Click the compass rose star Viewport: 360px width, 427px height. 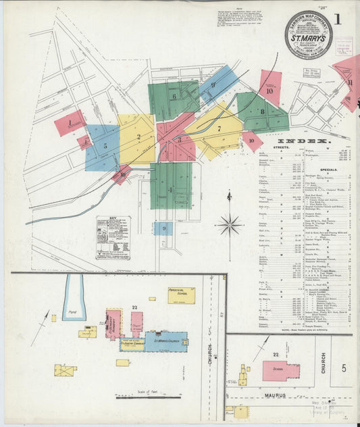[230, 224]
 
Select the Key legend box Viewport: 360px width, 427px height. [113, 237]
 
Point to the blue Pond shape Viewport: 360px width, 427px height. [74, 297]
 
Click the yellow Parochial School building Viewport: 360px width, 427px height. [181, 295]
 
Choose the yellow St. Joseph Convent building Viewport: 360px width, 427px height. [132, 344]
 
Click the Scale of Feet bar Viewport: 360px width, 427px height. [138, 397]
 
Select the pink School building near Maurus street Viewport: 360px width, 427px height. [280, 371]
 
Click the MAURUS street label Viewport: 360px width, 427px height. [276, 395]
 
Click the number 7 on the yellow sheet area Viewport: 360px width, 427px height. [218, 128]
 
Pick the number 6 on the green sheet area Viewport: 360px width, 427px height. [174, 97]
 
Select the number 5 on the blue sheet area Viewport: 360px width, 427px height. [105, 145]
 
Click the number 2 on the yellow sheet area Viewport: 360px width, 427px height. [138, 137]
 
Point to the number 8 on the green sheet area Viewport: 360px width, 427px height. [261, 111]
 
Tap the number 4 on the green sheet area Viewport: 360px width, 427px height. [170, 189]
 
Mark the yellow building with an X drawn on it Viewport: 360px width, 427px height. [65, 370]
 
